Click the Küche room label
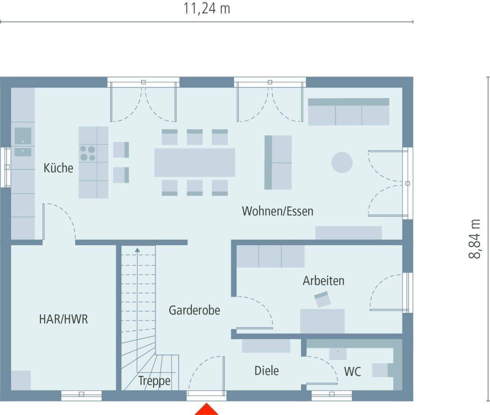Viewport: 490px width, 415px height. click(58, 168)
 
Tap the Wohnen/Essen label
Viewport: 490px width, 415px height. click(278, 211)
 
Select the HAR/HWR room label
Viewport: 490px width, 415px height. click(63, 319)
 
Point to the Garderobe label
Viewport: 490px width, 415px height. click(194, 310)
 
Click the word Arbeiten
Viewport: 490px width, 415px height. click(323, 281)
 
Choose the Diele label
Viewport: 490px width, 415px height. click(266, 370)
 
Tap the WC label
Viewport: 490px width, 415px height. click(352, 371)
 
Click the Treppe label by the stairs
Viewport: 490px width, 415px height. click(154, 381)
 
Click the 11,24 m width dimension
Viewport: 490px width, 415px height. click(207, 8)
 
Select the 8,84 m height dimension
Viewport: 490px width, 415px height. click(475, 239)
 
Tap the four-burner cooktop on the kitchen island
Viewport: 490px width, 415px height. click(88, 153)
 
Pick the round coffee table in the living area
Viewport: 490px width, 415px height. click(342, 163)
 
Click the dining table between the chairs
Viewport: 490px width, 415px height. click(194, 163)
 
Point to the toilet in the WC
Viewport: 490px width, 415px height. click(382, 370)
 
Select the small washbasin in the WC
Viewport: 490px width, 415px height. click(338, 353)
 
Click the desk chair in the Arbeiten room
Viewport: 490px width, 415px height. click(322, 299)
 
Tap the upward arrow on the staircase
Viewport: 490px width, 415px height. click(137, 250)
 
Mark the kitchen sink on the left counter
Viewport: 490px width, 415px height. click(23, 136)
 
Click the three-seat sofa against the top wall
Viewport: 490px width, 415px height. click(349, 112)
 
